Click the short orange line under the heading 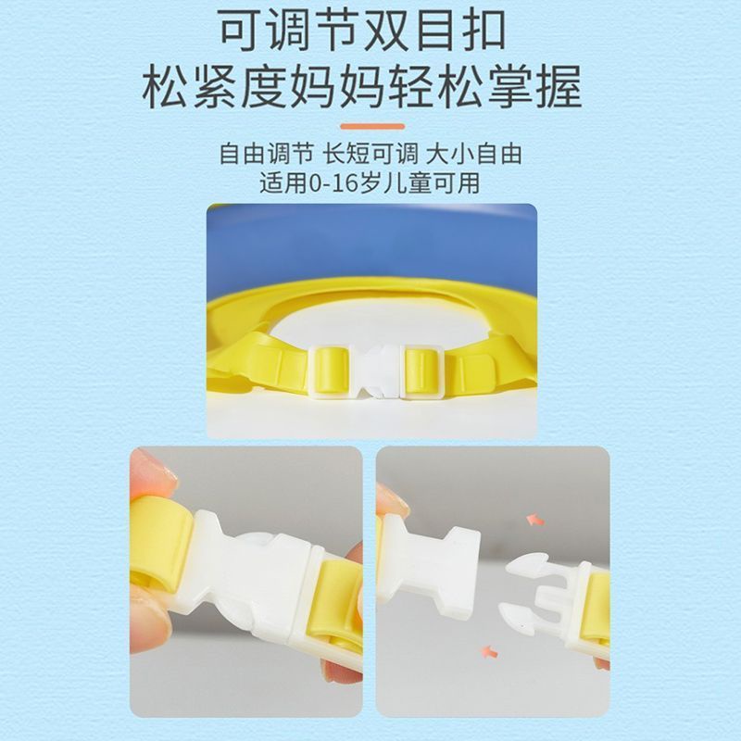tap(370, 124)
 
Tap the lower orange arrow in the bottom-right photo tap(492, 653)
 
